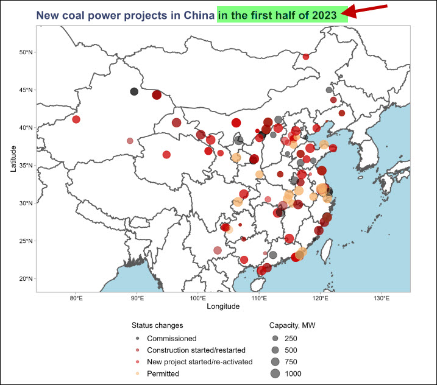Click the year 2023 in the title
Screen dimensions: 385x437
pos(324,15)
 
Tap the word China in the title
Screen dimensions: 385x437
pos(198,15)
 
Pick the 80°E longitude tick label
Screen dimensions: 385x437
pos(76,298)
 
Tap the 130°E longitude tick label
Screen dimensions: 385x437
pos(382,298)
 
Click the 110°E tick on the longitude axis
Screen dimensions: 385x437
pos(259,298)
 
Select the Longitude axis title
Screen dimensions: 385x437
pos(223,306)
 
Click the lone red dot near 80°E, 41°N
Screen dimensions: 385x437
pos(76,119)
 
